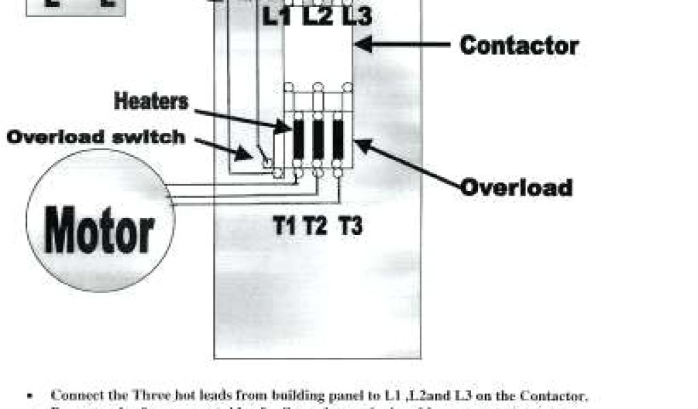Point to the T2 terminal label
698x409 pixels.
316,226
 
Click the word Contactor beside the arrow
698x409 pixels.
519,46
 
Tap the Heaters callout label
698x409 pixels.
151,102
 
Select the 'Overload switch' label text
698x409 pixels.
96,137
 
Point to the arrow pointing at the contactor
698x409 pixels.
402,46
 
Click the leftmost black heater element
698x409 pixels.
299,140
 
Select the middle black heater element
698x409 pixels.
318,140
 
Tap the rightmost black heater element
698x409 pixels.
338,140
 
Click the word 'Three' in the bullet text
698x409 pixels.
153,395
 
